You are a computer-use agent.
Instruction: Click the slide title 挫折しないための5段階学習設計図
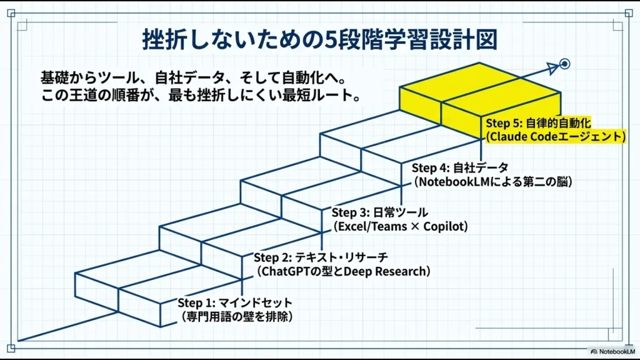click(x=319, y=39)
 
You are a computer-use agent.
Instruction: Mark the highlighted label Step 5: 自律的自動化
click(x=538, y=123)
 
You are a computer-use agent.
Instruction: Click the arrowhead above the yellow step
click(x=552, y=68)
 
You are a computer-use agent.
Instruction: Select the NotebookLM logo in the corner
click(x=610, y=351)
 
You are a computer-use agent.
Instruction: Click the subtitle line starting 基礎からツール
click(x=192, y=79)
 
